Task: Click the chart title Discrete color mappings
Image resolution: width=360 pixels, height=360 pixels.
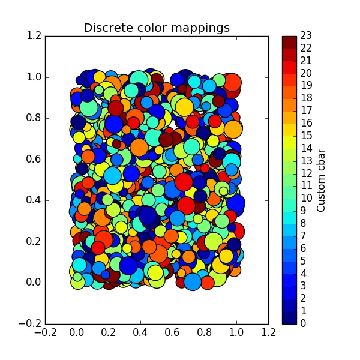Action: (156, 28)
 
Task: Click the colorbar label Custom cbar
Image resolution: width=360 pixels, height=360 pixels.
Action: (321, 180)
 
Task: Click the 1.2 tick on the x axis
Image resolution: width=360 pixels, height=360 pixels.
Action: (268, 334)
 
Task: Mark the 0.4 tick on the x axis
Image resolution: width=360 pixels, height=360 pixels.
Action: (140, 334)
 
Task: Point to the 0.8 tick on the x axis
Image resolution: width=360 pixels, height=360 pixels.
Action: (205, 334)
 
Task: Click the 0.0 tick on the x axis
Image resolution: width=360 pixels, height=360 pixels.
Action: (76, 334)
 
